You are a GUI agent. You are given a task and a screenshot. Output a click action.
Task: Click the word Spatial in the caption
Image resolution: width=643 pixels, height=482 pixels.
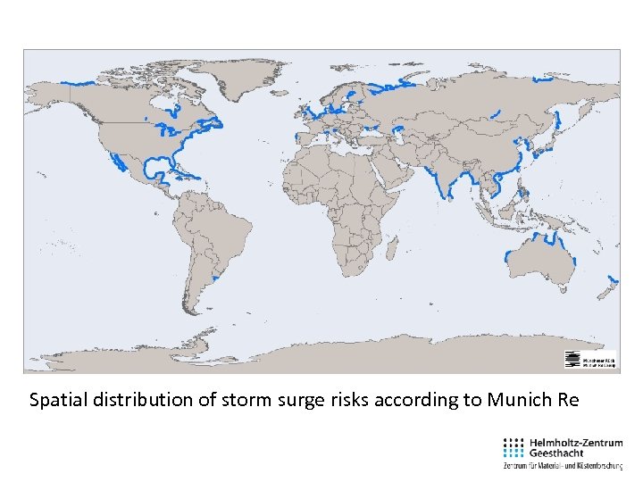coord(56,400)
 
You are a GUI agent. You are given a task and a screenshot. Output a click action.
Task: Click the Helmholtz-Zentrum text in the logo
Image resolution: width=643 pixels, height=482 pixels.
coord(576,442)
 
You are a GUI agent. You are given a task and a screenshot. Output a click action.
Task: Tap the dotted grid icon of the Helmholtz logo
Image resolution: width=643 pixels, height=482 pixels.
coord(514,447)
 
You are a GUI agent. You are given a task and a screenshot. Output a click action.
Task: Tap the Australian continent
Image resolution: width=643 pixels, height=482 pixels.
coord(540,260)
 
